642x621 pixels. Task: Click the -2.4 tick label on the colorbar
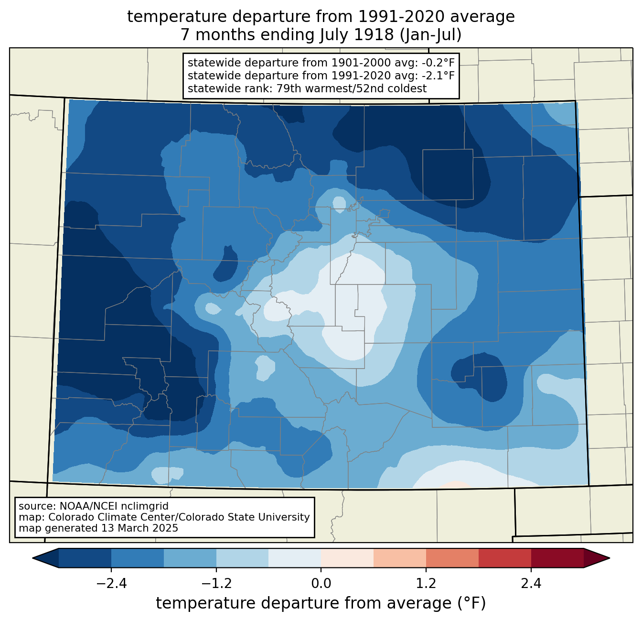tap(111, 583)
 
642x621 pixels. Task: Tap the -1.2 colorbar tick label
tap(216, 583)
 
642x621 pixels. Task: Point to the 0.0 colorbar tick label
tap(321, 583)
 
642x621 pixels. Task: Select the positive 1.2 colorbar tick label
tap(426, 583)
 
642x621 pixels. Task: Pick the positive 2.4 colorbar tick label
tap(531, 583)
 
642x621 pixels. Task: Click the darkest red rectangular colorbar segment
tap(557, 558)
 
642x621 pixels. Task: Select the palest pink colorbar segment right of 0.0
tap(347, 558)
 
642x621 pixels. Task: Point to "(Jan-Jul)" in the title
tap(430, 35)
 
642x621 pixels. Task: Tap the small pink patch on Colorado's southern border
tap(455, 485)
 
